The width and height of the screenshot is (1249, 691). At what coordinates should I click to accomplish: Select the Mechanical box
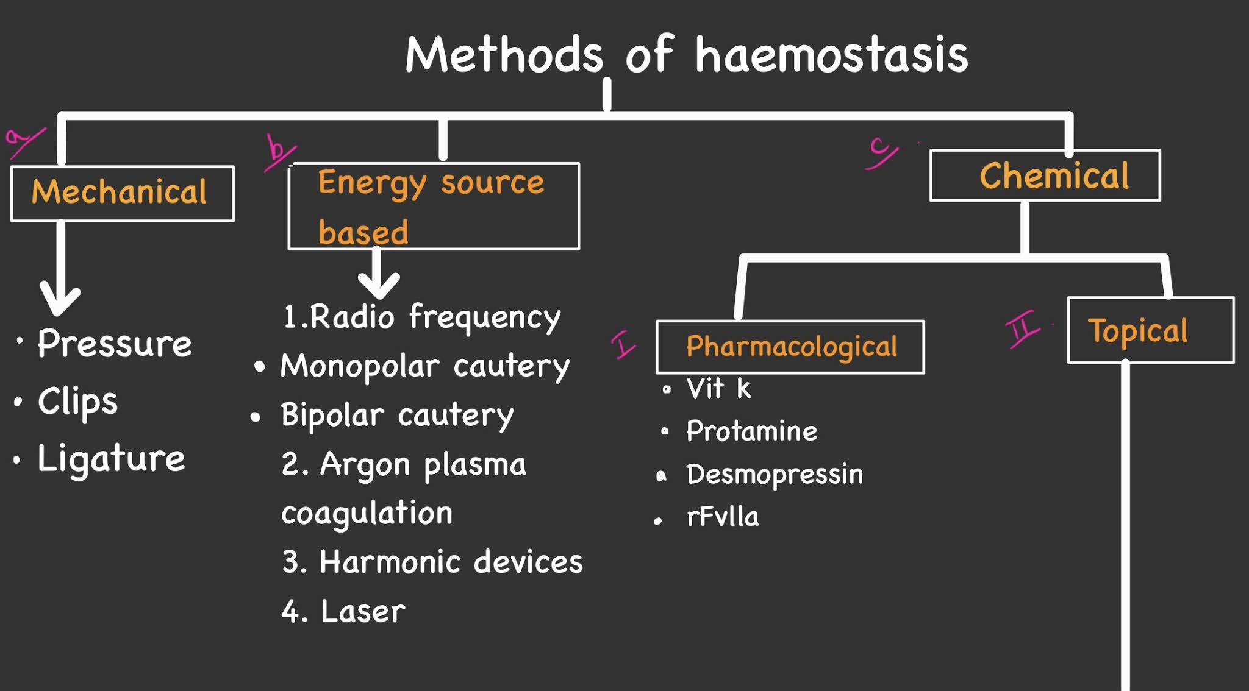(122, 193)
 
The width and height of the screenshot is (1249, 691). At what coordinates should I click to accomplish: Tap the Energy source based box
(433, 207)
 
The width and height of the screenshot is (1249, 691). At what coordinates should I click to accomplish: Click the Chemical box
(1045, 176)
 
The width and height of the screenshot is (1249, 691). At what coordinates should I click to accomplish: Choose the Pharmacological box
(790, 347)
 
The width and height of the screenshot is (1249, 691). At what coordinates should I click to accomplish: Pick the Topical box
(1150, 331)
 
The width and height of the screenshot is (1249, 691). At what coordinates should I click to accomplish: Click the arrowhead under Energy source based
(379, 283)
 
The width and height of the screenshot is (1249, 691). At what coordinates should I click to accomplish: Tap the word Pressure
(115, 344)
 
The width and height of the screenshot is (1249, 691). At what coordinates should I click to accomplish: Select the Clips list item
(77, 402)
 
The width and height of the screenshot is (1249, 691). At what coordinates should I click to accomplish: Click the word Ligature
(111, 458)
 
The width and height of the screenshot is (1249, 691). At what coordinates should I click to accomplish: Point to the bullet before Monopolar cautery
(260, 367)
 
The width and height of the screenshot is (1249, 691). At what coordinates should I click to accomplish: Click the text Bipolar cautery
(397, 416)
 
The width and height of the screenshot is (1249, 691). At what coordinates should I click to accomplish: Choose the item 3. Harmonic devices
(432, 562)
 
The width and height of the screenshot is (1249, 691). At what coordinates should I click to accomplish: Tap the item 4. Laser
(343, 611)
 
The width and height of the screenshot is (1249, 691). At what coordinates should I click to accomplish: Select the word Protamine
(751, 431)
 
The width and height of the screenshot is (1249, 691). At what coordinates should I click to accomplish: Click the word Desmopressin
(775, 474)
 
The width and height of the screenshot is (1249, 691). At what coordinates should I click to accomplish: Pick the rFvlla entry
(723, 517)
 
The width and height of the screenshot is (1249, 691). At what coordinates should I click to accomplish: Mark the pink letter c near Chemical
(880, 152)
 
